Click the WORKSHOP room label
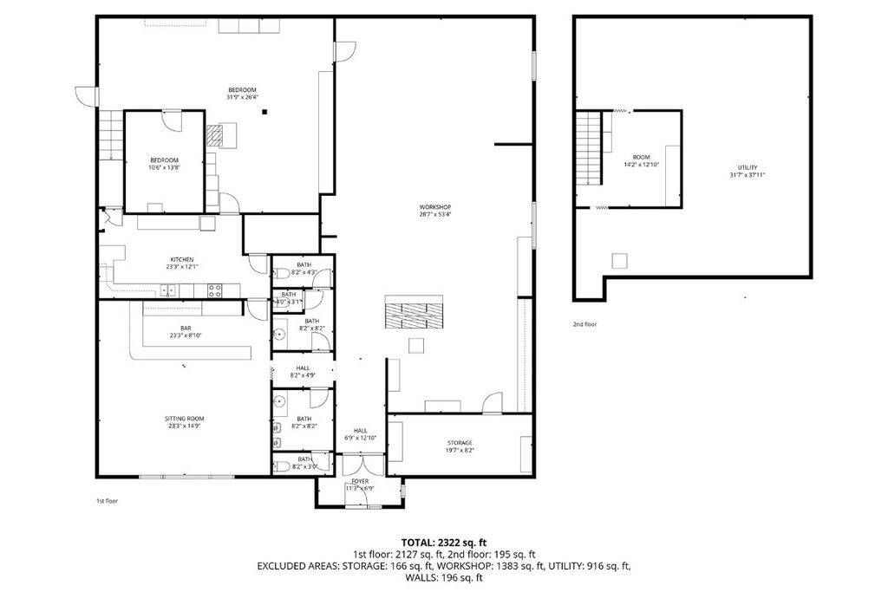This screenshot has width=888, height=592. click(434, 206)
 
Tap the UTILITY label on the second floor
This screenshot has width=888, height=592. click(748, 167)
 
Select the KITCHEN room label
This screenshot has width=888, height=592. click(181, 259)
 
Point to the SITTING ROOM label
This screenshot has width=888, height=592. click(185, 419)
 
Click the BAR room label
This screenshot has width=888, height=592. click(186, 327)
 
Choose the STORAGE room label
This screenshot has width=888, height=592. click(460, 443)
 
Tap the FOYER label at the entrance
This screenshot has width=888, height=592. click(359, 481)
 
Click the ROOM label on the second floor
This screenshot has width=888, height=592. click(641, 157)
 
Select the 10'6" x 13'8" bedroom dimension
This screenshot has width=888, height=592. click(164, 168)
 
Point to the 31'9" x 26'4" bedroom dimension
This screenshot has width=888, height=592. click(242, 97)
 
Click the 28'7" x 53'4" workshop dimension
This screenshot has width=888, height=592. click(434, 214)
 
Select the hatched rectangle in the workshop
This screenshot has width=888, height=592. click(414, 311)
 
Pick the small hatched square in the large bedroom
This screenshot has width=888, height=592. click(215, 134)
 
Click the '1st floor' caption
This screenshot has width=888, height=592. click(107, 501)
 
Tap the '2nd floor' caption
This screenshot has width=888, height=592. click(584, 324)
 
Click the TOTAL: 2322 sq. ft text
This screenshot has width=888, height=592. click(443, 541)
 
